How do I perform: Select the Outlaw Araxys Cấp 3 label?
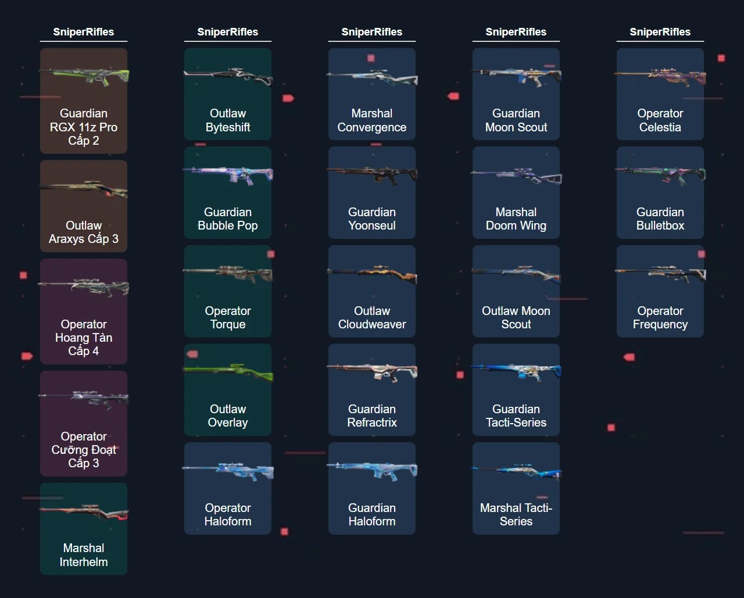point(84,232)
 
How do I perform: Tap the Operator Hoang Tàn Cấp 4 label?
point(84,338)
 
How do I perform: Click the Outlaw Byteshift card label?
point(228,120)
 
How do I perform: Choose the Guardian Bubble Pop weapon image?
point(228,174)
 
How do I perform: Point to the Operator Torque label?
point(228,317)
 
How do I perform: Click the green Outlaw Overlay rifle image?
point(228,371)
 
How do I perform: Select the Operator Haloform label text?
point(228,514)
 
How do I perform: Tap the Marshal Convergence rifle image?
point(372,77)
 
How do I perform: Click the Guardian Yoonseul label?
point(372,219)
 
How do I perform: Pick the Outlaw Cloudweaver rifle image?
point(372,273)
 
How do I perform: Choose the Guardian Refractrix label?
point(372,416)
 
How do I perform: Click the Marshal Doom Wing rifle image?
point(516,175)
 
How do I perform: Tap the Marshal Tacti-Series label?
point(516,514)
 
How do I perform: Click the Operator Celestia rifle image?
point(660,77)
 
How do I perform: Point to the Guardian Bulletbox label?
point(660,219)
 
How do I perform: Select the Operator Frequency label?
point(660,317)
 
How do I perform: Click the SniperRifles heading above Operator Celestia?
point(660,32)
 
